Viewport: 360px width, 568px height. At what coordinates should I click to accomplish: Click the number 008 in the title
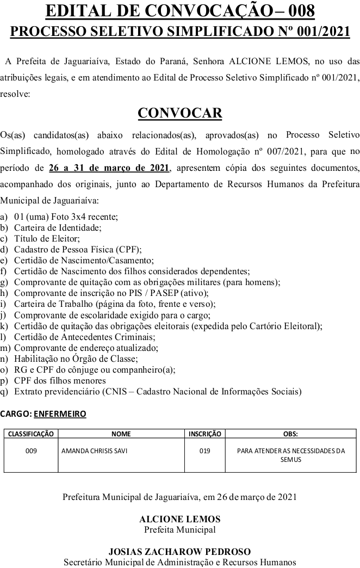pos(295,10)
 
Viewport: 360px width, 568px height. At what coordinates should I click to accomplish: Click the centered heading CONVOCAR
pos(180,113)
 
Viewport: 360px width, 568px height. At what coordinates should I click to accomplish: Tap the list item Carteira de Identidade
pos(58,227)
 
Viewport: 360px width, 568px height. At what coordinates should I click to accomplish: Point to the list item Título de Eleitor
pos(47,238)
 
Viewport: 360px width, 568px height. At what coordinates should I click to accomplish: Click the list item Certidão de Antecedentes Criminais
pos(73,337)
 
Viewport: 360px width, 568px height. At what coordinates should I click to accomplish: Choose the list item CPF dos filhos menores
pos(60,381)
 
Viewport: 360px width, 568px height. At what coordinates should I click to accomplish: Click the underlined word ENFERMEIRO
pos(60,414)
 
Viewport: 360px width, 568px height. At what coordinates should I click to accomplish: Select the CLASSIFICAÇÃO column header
pos(31,434)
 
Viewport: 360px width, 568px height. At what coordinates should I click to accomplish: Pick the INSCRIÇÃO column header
pos(204,434)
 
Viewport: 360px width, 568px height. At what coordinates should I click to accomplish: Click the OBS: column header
pos(290,434)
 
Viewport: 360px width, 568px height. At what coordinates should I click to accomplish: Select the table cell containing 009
pos(31,450)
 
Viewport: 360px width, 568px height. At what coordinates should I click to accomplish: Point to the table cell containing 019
pos(204,450)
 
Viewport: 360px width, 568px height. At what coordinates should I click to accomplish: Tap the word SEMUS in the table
pos(290,460)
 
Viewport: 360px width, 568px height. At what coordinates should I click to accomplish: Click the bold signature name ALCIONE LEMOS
pos(180,520)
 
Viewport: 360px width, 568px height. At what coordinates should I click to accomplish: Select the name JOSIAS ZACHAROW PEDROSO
pos(180,552)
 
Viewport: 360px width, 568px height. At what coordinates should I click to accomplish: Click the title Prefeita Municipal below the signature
pos(180,529)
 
